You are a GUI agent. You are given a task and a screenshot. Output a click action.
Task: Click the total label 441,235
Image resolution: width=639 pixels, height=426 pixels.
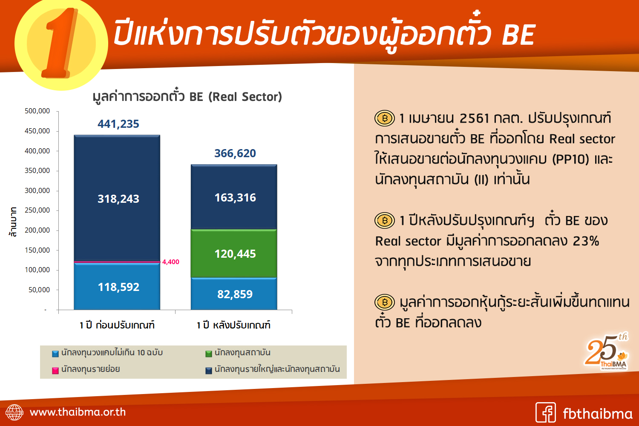pos(118,124)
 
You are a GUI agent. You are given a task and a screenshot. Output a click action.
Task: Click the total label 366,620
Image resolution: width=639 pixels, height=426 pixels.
pos(235,153)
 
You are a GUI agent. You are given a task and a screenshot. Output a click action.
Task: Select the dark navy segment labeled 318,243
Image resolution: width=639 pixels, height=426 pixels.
pos(117,198)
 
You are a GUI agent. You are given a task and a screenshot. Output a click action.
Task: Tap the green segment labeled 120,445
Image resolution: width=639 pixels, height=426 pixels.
pos(234,253)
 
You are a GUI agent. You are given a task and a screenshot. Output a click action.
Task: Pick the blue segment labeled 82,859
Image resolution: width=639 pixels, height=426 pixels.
pos(234,294)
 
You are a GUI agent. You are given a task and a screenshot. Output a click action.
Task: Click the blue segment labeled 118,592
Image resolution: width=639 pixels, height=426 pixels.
pos(117,286)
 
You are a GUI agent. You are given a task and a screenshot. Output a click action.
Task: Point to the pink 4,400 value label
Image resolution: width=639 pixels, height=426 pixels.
pos(170,262)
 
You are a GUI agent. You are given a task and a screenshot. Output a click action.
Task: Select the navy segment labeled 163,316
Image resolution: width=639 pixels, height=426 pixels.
pos(234,197)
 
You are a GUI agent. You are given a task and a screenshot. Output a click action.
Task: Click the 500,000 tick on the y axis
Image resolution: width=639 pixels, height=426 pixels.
pos(37,111)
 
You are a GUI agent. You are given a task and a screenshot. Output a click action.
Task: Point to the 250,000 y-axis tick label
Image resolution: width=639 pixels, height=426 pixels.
pos(37,210)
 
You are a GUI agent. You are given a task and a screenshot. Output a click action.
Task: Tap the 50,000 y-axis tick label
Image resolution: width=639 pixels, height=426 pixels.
pos(39,290)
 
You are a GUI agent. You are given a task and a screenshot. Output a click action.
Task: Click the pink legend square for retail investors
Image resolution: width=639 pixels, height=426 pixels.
pos(55,370)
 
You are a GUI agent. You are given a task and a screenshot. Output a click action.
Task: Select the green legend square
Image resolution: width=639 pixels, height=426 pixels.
pos(209,354)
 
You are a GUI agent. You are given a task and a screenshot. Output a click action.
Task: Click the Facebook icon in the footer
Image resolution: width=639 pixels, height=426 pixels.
pos(545,412)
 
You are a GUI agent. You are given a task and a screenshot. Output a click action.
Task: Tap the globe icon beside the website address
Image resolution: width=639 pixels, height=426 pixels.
pos(14,412)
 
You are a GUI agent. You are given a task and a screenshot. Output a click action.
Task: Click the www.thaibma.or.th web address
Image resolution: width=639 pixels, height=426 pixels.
pos(78,412)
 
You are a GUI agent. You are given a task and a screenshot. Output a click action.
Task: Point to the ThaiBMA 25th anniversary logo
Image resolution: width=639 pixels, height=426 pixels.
pos(606,352)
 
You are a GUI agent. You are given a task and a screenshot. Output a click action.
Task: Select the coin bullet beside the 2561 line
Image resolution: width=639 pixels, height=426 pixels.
pos(385,118)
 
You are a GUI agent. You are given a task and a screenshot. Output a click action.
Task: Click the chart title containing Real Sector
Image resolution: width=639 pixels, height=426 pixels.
pos(187,96)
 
